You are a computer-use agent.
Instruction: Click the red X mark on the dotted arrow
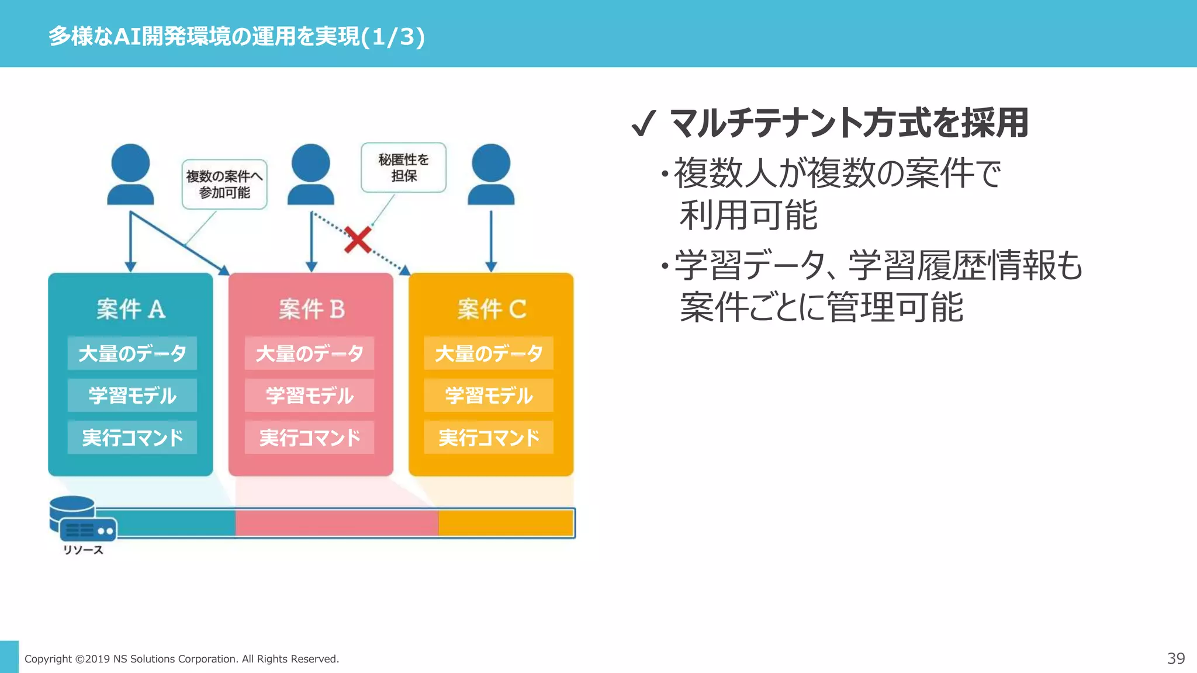coord(358,240)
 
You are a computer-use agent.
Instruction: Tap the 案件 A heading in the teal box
coord(131,309)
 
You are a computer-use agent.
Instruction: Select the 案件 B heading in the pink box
coord(312,309)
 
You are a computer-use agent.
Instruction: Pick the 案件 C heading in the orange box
coord(492,309)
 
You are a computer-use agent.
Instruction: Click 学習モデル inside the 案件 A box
coord(132,396)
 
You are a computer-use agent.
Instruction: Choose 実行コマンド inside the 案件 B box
coord(310,438)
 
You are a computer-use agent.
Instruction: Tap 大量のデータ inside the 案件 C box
coord(489,353)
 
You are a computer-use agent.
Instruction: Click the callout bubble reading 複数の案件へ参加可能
coord(224,184)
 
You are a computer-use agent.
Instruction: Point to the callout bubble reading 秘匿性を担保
coord(403,168)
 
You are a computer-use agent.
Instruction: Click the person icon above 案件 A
coord(130,174)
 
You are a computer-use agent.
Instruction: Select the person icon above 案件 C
coord(491,174)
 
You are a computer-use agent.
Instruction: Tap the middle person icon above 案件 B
coord(311,174)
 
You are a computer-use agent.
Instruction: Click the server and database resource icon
coord(82,519)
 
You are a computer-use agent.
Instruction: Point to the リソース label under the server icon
coord(83,550)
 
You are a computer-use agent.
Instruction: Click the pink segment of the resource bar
coord(337,523)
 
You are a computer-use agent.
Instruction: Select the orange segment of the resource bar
coord(506,523)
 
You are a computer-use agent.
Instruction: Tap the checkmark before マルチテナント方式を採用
coord(643,123)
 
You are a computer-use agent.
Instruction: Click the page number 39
coord(1176,658)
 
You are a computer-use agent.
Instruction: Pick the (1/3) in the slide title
coord(393,37)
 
